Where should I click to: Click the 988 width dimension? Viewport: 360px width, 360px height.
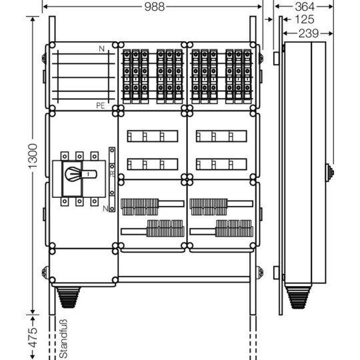[155, 7]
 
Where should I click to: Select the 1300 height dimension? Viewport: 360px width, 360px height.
[33, 157]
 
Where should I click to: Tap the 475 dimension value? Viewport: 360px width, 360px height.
[33, 337]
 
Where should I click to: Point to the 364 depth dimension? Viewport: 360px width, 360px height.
[305, 7]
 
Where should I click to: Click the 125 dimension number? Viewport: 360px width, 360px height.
[304, 19]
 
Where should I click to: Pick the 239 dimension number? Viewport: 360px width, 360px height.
[309, 33]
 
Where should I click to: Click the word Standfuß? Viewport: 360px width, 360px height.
[63, 339]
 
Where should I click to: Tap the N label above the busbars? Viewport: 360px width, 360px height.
[101, 49]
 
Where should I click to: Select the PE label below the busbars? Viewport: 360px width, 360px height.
[100, 105]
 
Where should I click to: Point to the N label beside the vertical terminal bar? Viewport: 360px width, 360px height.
[105, 209]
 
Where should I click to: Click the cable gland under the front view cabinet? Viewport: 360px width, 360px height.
[68, 297]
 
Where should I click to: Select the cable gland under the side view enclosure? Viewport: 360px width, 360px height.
[298, 297]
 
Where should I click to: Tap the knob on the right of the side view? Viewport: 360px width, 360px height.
[330, 173]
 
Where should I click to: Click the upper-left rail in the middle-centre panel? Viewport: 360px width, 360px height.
[153, 136]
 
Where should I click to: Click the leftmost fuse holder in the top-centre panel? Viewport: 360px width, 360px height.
[127, 77]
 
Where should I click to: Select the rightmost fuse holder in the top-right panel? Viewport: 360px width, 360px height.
[247, 77]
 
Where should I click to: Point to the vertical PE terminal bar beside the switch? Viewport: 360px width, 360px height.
[112, 179]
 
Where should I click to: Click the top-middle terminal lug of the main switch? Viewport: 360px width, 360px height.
[79, 156]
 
